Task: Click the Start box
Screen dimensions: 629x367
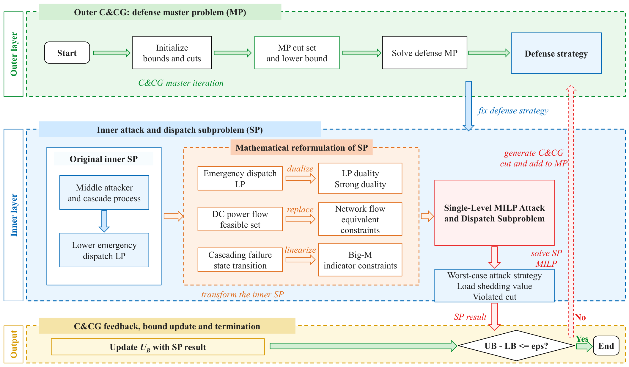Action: tap(67, 53)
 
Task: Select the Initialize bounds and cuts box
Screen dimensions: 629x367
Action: tap(172, 53)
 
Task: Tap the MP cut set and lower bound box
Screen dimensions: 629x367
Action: tap(297, 53)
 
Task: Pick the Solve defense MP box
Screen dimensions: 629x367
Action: tap(424, 53)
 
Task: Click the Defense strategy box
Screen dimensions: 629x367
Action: tap(556, 53)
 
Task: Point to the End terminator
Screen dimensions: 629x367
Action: tap(606, 346)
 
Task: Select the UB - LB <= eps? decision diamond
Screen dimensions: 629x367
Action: tap(516, 346)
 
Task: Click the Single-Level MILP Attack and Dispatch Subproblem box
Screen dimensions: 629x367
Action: tap(494, 213)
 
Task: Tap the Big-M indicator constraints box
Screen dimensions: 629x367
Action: tap(360, 260)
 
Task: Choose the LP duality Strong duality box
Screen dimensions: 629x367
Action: tap(360, 179)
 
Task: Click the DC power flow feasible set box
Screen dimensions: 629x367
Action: tap(240, 219)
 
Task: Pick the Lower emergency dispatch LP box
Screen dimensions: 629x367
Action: tap(104, 250)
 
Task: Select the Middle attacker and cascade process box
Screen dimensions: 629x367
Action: tap(104, 193)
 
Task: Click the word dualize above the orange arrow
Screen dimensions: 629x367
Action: tap(300, 169)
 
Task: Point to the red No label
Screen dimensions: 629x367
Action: tap(581, 317)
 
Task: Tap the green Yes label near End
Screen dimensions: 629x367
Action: tap(582, 339)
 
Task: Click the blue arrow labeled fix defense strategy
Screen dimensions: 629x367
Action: tap(468, 106)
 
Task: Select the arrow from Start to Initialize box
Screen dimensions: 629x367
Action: tap(112, 53)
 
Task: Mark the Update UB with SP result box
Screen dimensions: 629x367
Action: tap(158, 347)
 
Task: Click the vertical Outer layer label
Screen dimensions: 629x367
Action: tap(14, 54)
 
